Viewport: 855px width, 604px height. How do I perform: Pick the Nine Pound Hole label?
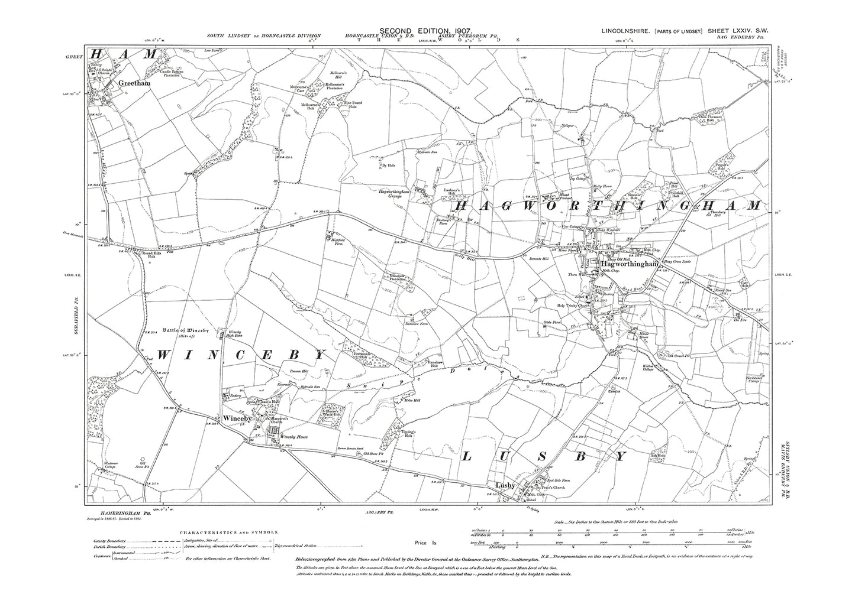pyautogui.click(x=354, y=105)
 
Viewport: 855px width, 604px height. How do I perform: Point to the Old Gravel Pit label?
pyautogui.click(x=680, y=356)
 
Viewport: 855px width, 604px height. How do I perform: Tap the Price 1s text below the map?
pyautogui.click(x=421, y=542)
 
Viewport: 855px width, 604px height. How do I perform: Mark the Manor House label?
pyautogui.click(x=637, y=335)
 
